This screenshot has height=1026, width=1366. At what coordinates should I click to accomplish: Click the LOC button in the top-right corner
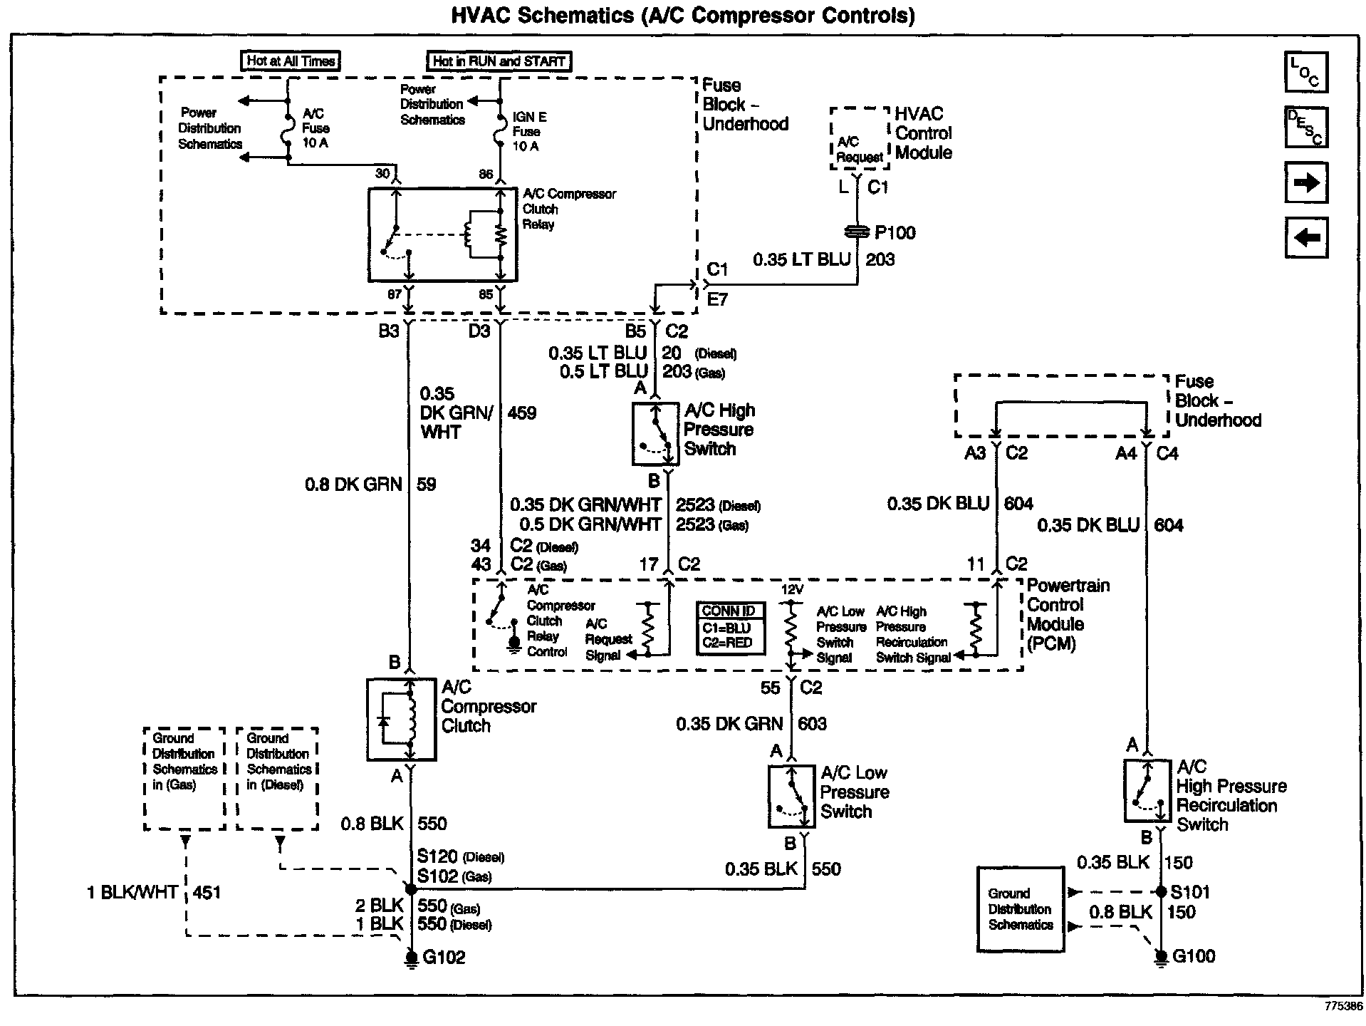(x=1306, y=72)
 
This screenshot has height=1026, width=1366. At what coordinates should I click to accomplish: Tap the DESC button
(x=1306, y=127)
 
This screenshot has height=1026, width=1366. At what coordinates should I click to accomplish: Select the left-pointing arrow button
(x=1306, y=237)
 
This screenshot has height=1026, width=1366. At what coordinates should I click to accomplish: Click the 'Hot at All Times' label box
(x=291, y=61)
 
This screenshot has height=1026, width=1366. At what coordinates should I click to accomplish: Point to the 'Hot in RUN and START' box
(x=499, y=61)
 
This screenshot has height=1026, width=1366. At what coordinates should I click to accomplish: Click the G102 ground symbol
(x=411, y=958)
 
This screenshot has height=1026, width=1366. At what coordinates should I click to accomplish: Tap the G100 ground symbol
(x=1161, y=957)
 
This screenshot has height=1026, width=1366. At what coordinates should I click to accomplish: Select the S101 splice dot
(x=1161, y=892)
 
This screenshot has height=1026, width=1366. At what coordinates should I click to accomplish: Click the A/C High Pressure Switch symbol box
(x=655, y=433)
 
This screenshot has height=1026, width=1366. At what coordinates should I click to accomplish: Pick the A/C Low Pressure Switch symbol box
(x=791, y=797)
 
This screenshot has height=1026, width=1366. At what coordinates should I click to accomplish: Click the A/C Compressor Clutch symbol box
(x=401, y=720)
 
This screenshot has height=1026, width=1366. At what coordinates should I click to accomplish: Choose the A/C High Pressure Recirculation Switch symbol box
(x=1147, y=790)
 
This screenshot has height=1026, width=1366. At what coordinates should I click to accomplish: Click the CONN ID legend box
(x=730, y=628)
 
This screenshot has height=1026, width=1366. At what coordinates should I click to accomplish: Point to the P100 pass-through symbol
(x=857, y=232)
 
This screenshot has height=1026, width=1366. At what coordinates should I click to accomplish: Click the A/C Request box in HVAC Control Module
(x=860, y=139)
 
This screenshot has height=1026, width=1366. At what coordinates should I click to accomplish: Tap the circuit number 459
(x=522, y=413)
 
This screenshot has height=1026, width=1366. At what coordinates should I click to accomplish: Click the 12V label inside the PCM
(x=792, y=590)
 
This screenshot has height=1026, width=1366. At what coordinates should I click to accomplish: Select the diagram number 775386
(x=1343, y=1006)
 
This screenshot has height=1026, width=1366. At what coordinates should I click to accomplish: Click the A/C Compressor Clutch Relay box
(x=442, y=234)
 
